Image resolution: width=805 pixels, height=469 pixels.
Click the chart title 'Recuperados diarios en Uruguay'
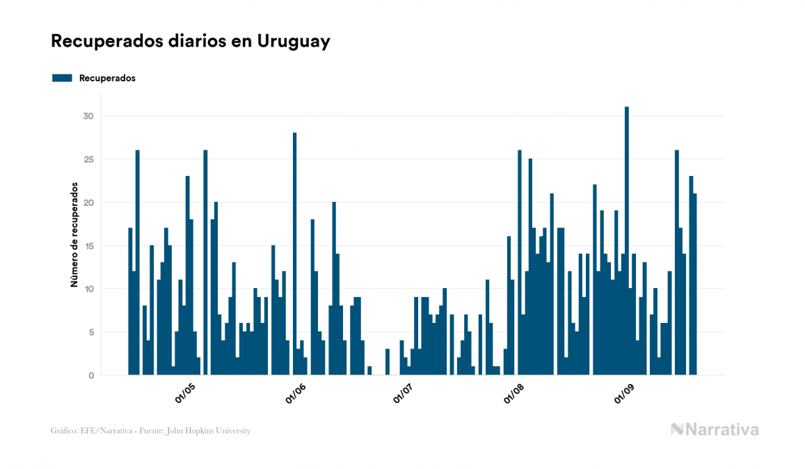(190, 41)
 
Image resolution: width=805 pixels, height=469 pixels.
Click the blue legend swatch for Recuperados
(62, 78)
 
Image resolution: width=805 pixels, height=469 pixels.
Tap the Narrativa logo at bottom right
(715, 429)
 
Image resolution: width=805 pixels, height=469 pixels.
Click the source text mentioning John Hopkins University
(150, 431)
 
